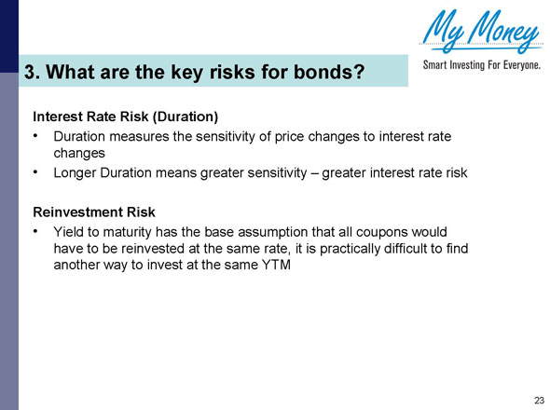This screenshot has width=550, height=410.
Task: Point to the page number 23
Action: (x=538, y=400)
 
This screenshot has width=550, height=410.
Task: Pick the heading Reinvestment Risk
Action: (x=94, y=212)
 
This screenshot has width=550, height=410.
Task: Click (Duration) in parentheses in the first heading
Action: (x=181, y=117)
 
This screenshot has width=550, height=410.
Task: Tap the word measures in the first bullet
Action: (x=141, y=137)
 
